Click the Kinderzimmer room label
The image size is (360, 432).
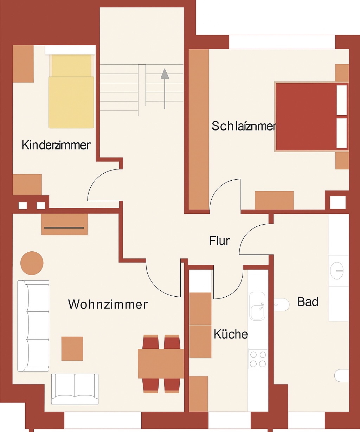tap(56, 145)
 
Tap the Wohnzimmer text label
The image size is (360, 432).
tap(108, 304)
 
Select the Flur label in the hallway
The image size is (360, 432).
tap(220, 241)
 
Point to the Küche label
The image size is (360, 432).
tap(231, 334)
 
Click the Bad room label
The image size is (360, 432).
tap(308, 302)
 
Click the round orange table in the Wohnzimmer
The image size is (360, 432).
tap(32, 263)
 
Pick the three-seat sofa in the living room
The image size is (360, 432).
tap(33, 325)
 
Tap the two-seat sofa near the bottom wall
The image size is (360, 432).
tap(75, 388)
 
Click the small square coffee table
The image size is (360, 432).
tap(72, 348)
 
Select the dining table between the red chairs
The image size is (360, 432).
tap(161, 363)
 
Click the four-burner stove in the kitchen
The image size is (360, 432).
tap(258, 359)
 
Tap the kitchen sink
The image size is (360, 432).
tap(257, 306)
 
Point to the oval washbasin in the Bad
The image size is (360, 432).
tap(336, 270)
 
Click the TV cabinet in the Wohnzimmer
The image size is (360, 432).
tap(64, 224)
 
